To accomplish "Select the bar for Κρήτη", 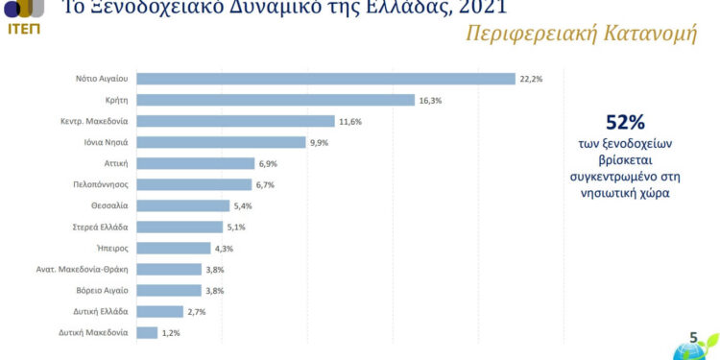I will pyautogui.click(x=276, y=100).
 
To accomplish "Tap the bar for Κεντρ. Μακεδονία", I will pyautogui.click(x=240, y=121).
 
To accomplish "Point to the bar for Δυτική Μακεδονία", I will pyautogui.click(x=147, y=332).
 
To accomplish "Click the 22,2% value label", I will pyautogui.click(x=531, y=79).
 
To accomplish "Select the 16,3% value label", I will pyautogui.click(x=431, y=100).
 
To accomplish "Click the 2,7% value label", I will pyautogui.click(x=196, y=311).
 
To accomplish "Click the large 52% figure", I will pyautogui.click(x=625, y=123).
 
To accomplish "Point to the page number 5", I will pyautogui.click(x=693, y=337).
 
